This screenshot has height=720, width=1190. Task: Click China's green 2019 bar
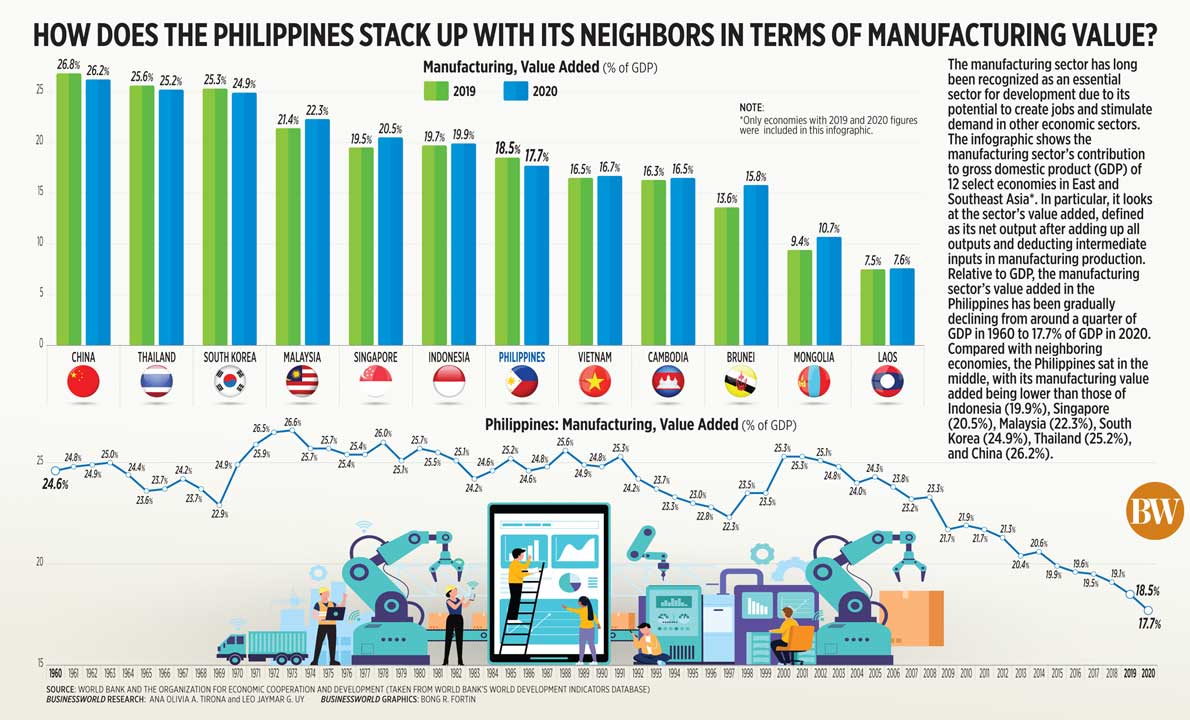point(69,209)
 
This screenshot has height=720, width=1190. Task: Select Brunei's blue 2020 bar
point(755,265)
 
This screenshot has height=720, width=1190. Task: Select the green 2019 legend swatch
point(437,91)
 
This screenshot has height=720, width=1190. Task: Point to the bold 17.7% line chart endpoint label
point(1148,625)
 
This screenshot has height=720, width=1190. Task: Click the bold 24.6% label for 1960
point(55,484)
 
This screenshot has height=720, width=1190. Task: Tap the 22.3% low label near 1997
point(729,526)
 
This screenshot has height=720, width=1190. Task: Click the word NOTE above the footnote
point(750,107)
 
